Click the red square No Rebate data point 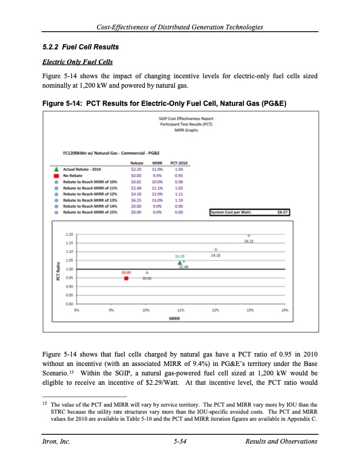click(x=126, y=278)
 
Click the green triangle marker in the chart click(x=179, y=263)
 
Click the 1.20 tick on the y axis click(x=70, y=234)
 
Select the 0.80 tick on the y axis click(x=70, y=304)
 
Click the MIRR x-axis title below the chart click(x=175, y=318)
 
